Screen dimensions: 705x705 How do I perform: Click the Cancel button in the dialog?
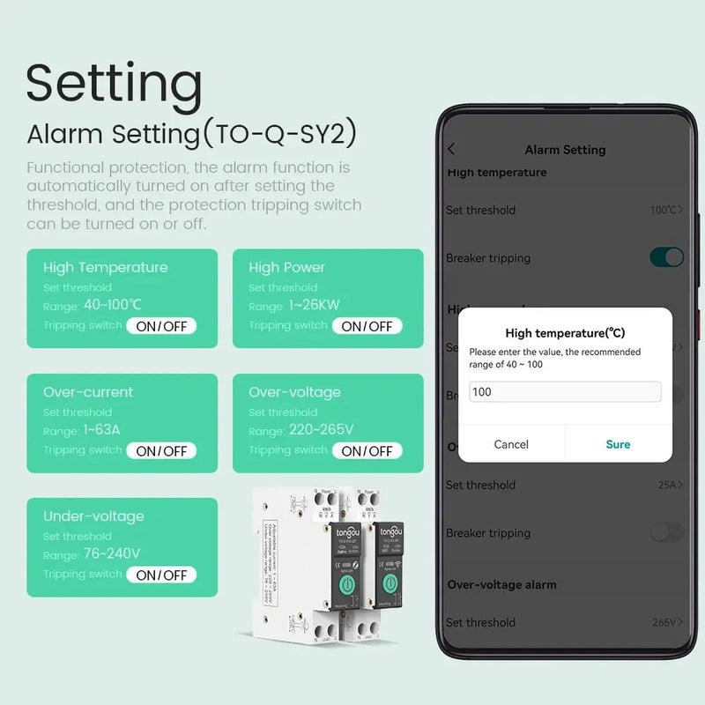(511, 444)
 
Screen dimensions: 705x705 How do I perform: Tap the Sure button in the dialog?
(618, 444)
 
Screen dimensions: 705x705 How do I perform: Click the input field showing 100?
(565, 391)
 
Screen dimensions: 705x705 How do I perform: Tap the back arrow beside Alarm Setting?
(452, 150)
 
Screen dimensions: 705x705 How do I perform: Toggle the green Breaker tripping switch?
(666, 257)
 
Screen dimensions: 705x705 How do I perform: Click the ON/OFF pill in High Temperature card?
(161, 326)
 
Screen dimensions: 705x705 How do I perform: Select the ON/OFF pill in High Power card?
(367, 326)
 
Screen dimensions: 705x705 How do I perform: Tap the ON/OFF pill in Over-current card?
(161, 450)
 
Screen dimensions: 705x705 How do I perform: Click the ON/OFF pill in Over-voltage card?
(367, 450)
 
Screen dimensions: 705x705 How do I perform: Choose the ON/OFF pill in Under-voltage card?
(161, 575)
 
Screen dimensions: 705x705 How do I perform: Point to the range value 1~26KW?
(315, 306)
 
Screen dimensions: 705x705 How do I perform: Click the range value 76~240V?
(112, 554)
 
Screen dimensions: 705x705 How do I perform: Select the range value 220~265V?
(321, 430)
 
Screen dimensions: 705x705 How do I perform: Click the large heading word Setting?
(115, 84)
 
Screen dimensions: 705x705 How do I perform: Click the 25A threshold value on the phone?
(668, 485)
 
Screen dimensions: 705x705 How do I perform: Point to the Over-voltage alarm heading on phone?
(501, 584)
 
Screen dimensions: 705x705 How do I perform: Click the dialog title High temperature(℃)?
(565, 333)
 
